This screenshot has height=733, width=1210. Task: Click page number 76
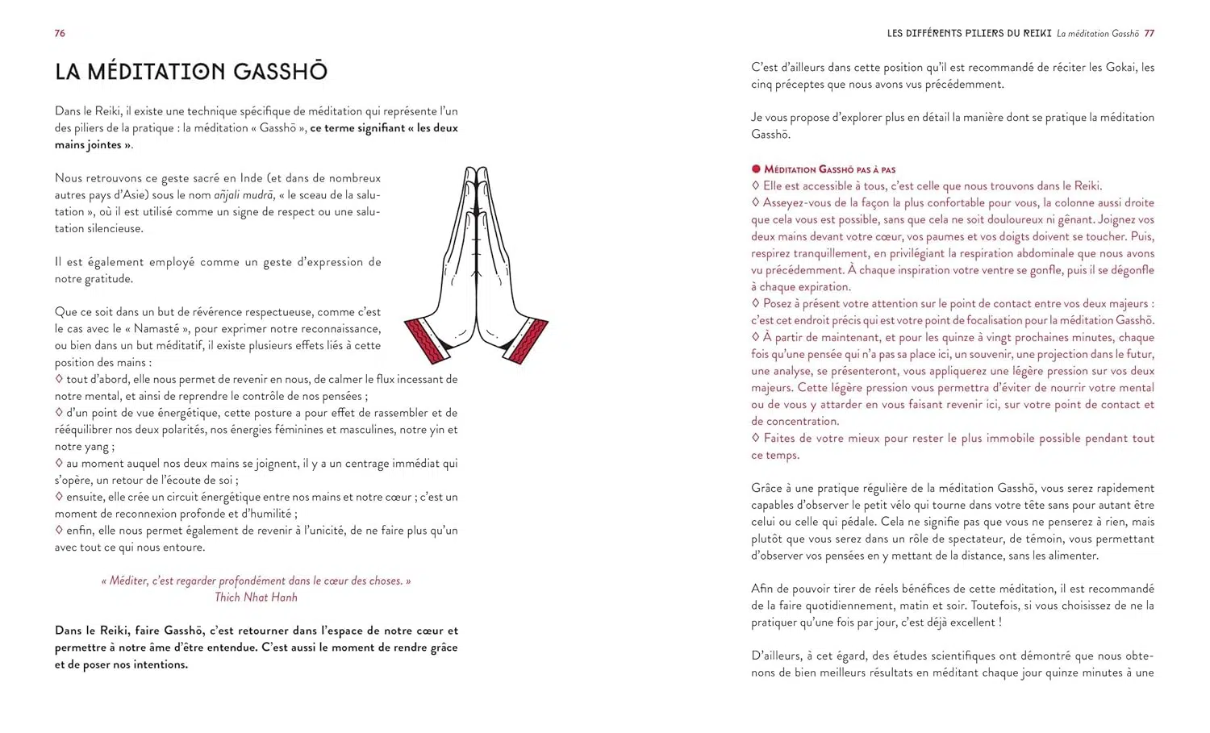point(60,33)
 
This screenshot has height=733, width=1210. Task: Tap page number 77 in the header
point(1149,34)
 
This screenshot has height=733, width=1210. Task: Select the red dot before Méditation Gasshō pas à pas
point(756,169)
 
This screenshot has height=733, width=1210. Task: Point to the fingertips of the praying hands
point(477,172)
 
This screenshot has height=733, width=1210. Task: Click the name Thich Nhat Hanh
point(256,598)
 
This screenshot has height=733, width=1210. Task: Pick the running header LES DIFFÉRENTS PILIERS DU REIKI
point(969,34)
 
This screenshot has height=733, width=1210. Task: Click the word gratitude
point(103,279)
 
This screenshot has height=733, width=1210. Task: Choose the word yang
point(95,447)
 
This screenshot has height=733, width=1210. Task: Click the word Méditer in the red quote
point(127,581)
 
